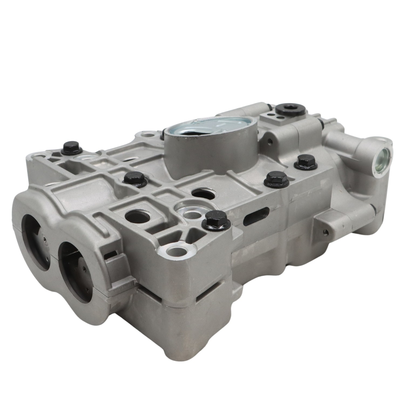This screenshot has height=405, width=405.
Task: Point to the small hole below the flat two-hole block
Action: (x=268, y=141)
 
